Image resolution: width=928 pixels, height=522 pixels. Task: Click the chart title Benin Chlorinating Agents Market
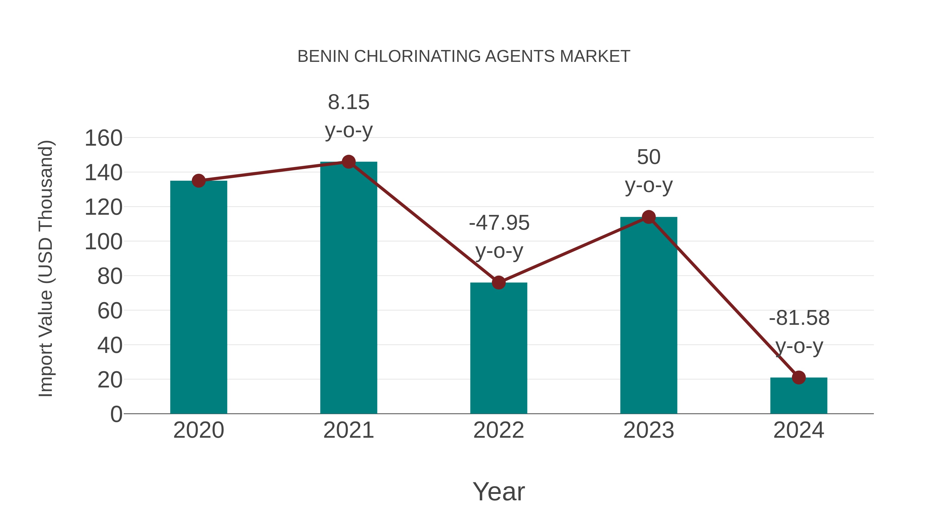click(464, 56)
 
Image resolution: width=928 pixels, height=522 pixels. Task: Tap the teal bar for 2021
click(348, 288)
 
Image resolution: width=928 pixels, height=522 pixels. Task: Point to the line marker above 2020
click(198, 181)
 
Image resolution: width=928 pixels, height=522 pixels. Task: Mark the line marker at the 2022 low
click(499, 283)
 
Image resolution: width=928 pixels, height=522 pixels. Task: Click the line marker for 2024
click(798, 378)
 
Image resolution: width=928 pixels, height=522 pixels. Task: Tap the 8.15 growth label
click(348, 102)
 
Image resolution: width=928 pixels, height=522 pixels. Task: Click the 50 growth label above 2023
click(649, 158)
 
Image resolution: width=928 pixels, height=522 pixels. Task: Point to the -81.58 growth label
click(799, 318)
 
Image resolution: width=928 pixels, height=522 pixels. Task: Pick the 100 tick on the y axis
click(103, 242)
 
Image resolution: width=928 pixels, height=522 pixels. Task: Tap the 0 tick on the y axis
click(116, 414)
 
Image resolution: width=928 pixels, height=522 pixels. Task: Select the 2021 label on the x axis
click(348, 430)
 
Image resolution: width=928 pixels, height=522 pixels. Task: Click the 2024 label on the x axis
click(798, 430)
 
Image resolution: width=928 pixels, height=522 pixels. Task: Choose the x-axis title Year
click(499, 492)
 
